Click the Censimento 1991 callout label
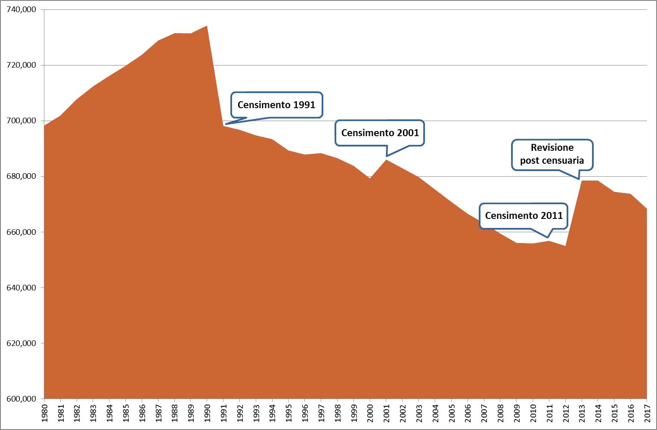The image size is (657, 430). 276,105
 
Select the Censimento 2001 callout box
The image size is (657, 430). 380,133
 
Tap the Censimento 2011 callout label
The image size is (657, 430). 524,215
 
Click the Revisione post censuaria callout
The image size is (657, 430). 552,154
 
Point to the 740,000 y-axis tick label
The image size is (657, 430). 22,9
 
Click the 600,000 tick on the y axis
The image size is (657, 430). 22,399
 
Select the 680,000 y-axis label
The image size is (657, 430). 22,176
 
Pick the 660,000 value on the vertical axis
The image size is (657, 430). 22,232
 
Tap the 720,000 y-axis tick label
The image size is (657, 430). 22,65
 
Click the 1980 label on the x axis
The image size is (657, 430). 44,413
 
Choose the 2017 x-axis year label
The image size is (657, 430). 647,413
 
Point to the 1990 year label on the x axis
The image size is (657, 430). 207,413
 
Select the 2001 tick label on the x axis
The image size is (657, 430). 386,413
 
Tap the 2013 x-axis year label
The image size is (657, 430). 582,413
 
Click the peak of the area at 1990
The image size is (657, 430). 207,26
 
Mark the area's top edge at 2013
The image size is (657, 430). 582,181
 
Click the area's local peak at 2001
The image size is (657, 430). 386,160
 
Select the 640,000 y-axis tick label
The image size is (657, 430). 22,288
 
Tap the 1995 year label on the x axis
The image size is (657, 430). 288,413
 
